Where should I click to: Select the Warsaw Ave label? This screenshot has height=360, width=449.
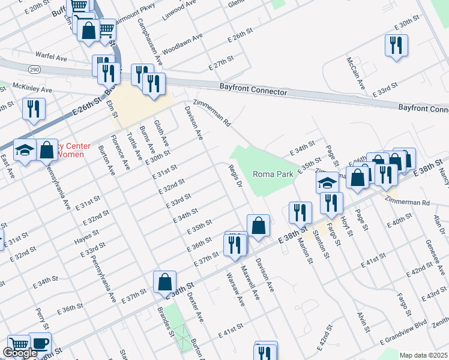[234, 289]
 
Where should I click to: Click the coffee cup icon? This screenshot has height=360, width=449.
[40, 343]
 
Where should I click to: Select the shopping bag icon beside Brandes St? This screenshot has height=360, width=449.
[164, 281]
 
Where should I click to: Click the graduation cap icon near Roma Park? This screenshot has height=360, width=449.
[328, 182]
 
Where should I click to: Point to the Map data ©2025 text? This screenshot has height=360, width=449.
[423, 355]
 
